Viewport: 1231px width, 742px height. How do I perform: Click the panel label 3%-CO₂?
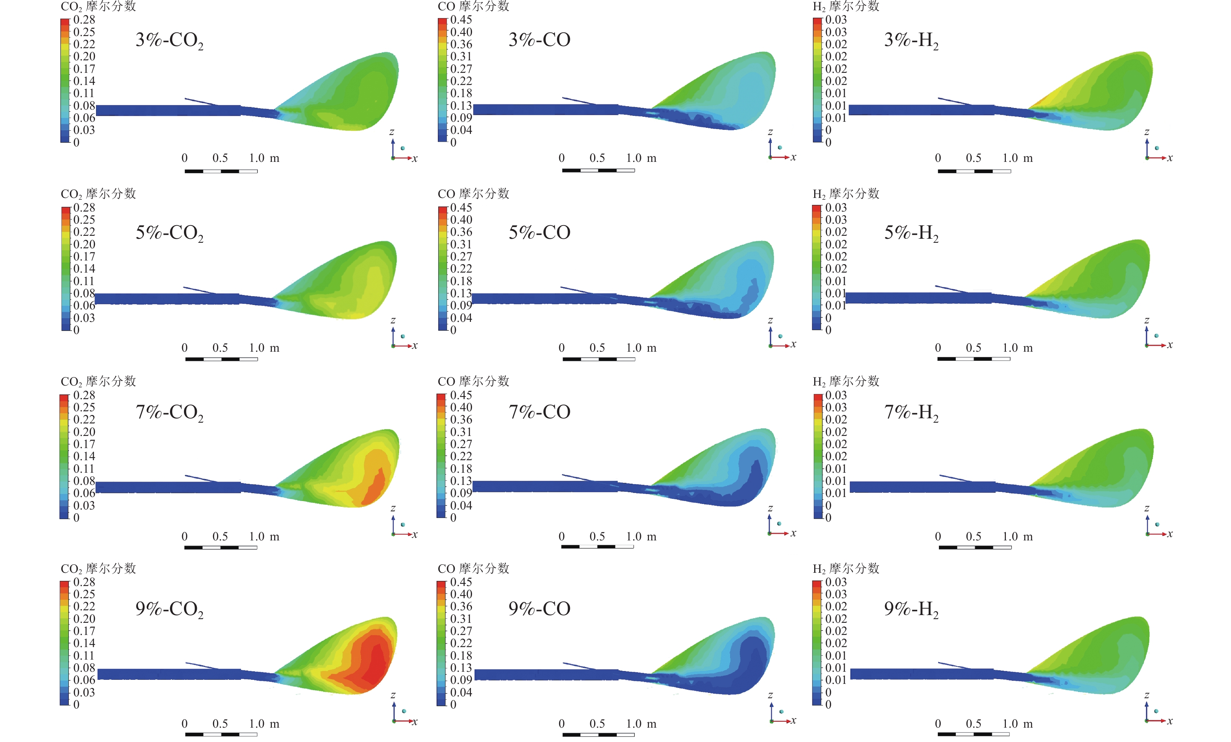pos(169,40)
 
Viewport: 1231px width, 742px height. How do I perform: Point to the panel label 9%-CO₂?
pos(169,609)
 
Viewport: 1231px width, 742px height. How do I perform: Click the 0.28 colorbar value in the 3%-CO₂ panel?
pos(84,20)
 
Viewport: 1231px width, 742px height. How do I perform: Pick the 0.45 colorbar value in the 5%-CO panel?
pos(461,207)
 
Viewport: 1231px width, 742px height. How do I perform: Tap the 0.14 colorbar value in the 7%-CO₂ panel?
pos(84,456)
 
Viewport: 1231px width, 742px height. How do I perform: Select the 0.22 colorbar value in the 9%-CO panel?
pos(461,643)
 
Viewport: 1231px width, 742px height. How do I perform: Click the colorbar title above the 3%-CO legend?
pos(473,7)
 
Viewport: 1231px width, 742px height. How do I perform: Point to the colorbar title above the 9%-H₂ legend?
pos(846,569)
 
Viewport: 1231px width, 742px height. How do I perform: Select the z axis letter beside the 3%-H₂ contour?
pos(1147,132)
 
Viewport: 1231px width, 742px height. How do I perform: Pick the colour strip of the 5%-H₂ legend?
pos(817,268)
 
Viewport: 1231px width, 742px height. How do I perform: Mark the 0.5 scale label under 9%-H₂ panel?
pos(973,724)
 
